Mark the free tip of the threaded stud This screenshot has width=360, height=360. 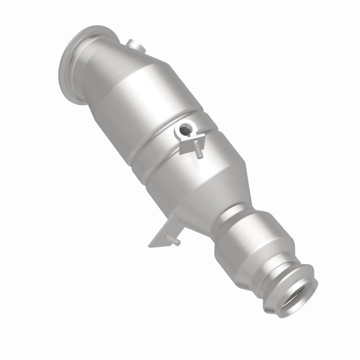(201, 157)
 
